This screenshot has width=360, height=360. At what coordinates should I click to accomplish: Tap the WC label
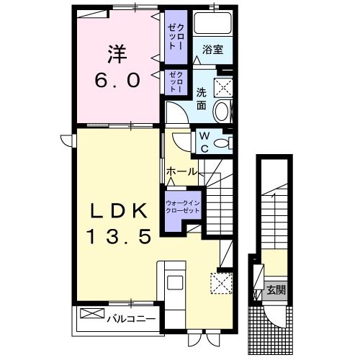(204, 140)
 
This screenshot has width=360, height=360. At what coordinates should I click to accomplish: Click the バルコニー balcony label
(132, 318)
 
